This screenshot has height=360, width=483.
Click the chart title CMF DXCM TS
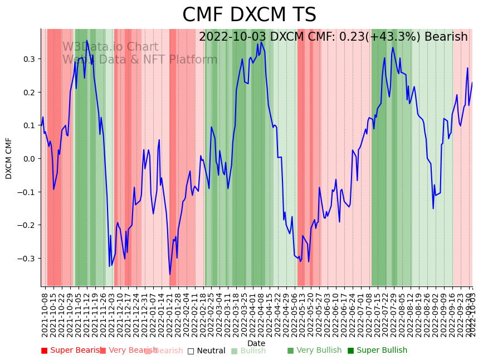(x=249, y=15)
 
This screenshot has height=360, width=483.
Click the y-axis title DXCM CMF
(x=9, y=158)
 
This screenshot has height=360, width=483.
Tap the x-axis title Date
(x=256, y=343)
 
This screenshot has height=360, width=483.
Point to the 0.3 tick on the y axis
(x=28, y=59)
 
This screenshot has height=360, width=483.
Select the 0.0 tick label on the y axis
(x=28, y=159)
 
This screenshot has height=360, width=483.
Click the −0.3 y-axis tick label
(x=26, y=259)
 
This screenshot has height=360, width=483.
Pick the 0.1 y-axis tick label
(x=28, y=125)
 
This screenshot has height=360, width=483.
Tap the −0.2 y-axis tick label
(x=26, y=225)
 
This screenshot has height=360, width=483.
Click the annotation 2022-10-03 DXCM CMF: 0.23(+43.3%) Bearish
(x=333, y=37)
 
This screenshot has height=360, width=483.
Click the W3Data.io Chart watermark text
(x=110, y=47)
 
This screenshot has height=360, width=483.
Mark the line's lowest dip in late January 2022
(x=170, y=274)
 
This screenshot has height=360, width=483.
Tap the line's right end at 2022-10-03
(x=472, y=82)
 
